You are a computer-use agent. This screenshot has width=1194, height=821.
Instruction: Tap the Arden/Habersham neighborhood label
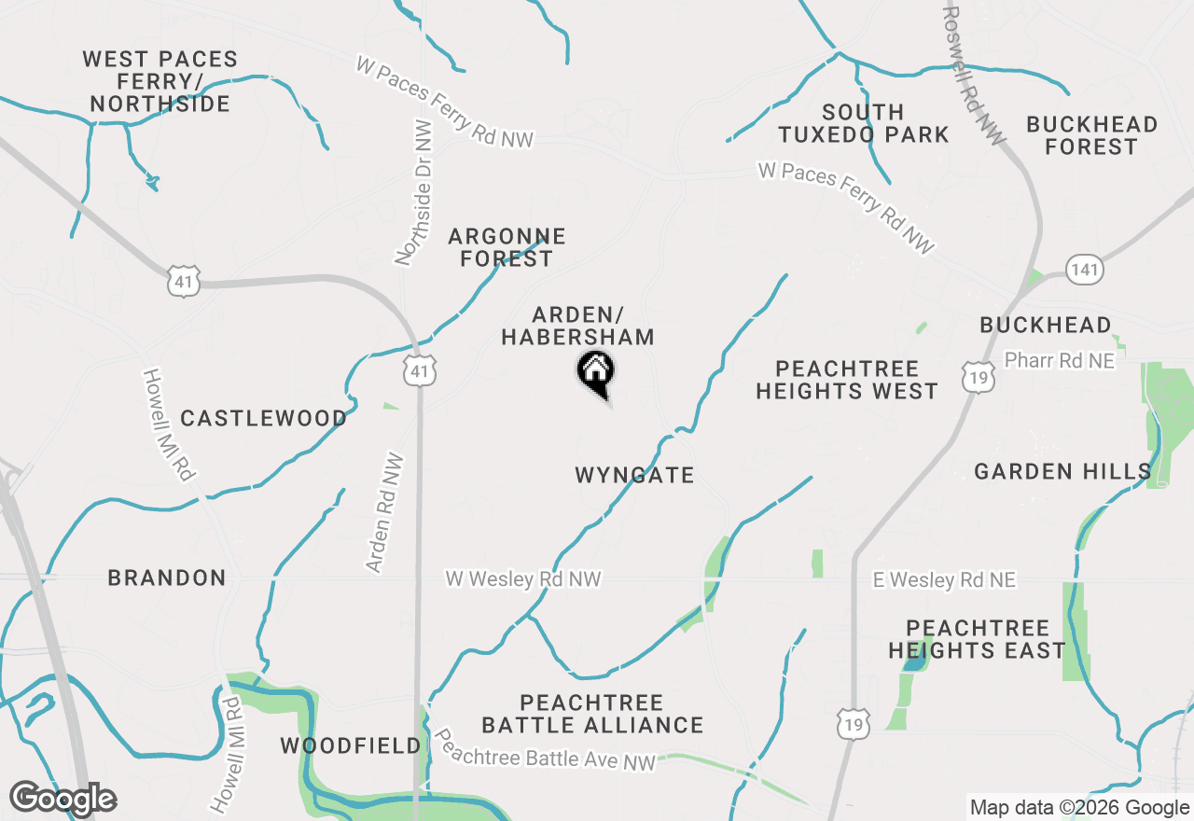tap(577, 326)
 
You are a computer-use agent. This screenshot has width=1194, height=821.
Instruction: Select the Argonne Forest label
tap(507, 247)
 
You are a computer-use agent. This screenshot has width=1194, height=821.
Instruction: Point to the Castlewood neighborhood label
tap(263, 418)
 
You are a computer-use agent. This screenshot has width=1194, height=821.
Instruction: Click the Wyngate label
tap(634, 475)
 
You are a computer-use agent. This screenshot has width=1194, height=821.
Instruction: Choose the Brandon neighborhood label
tap(167, 577)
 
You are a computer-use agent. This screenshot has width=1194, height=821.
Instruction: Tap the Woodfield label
tap(351, 745)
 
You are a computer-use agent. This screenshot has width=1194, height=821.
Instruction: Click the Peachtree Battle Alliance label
tap(592, 714)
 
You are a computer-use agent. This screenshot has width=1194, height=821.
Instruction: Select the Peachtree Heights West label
tap(847, 380)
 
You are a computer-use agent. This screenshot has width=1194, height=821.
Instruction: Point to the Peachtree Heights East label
tap(977, 639)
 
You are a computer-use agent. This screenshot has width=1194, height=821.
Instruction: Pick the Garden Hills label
tap(1062, 471)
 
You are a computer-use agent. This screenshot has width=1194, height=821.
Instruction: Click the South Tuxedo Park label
tap(864, 123)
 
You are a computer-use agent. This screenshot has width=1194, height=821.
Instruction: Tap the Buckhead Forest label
tap(1091, 135)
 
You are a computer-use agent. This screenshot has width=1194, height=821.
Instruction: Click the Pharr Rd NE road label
tap(1059, 360)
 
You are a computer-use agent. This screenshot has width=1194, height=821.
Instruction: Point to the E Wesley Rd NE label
tap(944, 580)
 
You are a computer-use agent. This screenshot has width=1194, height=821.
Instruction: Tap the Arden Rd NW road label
tap(385, 512)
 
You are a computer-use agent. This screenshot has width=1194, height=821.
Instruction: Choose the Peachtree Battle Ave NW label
tap(546, 748)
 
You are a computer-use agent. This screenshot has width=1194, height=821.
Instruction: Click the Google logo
tap(62, 799)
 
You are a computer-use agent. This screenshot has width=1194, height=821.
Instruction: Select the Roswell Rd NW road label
tap(975, 77)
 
